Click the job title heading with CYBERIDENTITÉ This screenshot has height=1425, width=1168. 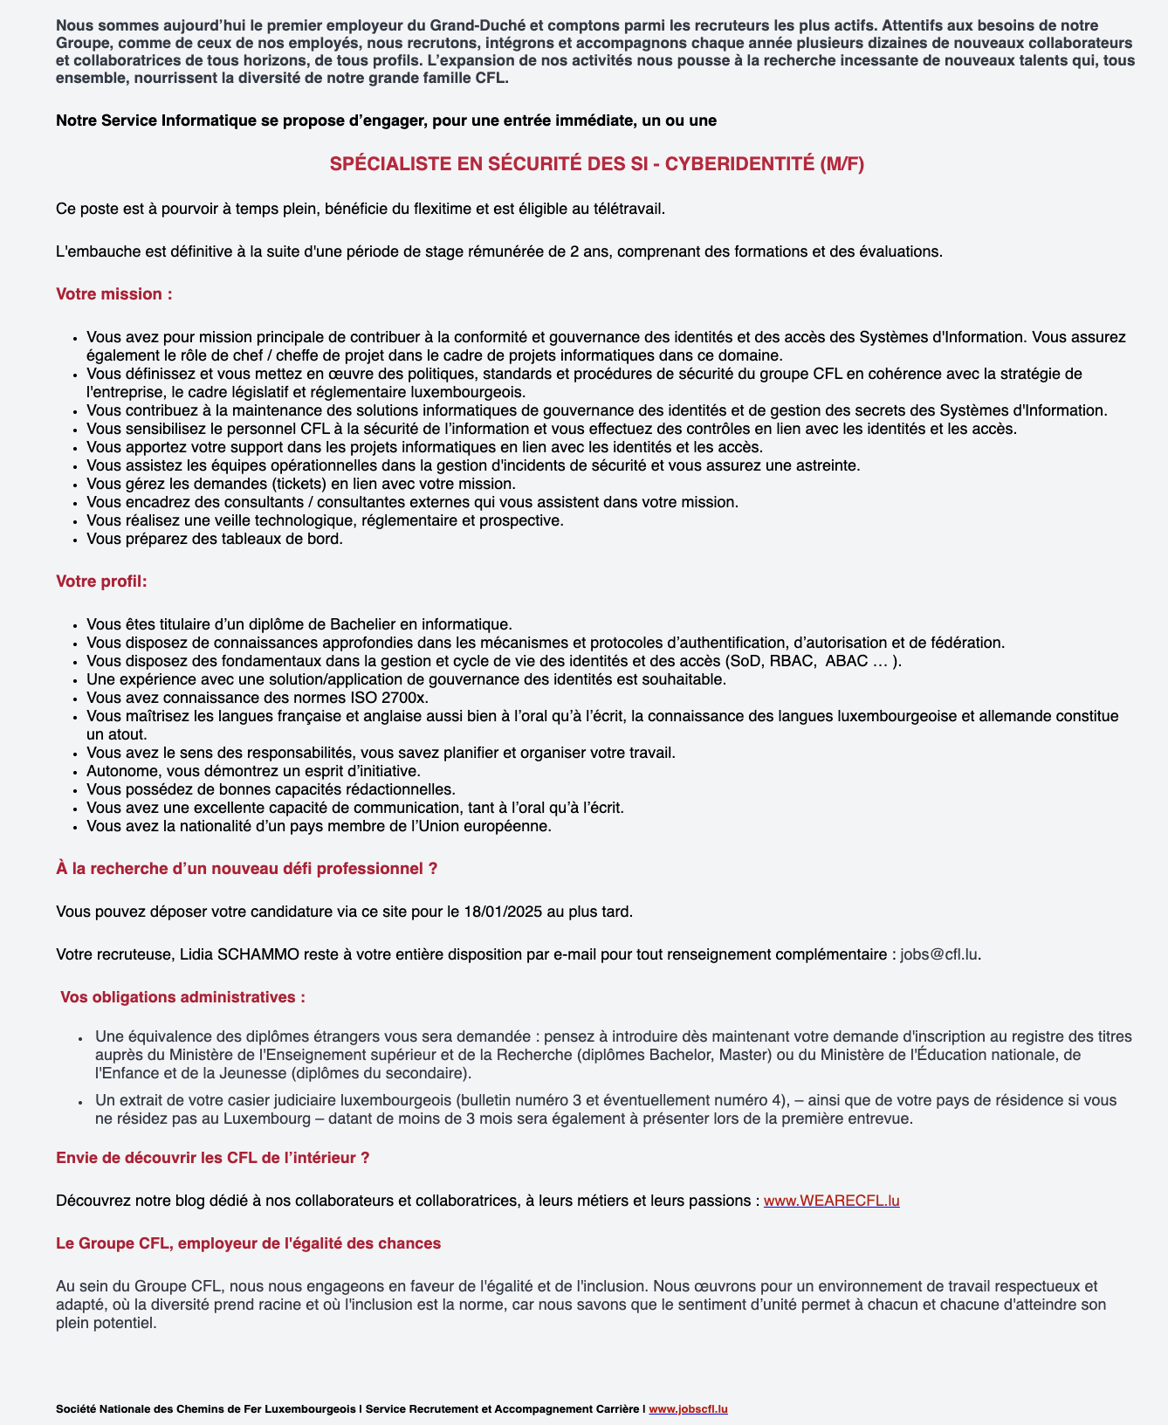(597, 164)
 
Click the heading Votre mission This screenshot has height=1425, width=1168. (114, 294)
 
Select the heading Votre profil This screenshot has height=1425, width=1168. (101, 582)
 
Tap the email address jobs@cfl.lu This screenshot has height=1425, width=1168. (938, 954)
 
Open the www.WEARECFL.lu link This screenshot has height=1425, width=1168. (831, 1201)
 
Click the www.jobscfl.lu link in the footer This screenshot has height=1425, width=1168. (688, 1409)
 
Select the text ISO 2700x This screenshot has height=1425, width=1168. (391, 698)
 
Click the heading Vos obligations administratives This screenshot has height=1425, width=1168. (182, 997)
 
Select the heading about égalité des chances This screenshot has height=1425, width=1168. (248, 1243)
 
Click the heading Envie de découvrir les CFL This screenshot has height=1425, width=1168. (212, 1158)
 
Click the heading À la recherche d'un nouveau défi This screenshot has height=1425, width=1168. (246, 869)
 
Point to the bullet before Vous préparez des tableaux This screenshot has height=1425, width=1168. (77, 540)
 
